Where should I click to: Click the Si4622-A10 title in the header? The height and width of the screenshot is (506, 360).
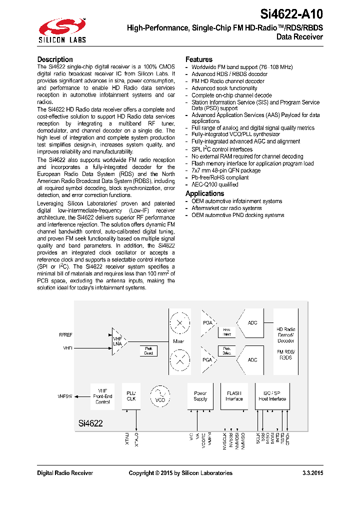click(292, 13)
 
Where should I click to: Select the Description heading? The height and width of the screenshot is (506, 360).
click(55, 59)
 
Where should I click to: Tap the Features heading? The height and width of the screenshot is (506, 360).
click(199, 59)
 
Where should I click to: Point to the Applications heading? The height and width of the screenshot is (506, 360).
click(205, 193)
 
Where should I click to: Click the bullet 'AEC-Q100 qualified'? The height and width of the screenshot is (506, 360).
click(214, 184)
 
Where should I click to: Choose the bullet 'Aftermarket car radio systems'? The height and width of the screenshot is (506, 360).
click(226, 208)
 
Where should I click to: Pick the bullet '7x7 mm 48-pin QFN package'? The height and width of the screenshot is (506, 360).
click(226, 170)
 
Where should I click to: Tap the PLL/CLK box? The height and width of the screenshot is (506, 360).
click(131, 396)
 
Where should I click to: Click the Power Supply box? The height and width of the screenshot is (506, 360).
click(200, 396)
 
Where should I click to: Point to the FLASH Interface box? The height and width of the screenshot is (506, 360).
click(234, 396)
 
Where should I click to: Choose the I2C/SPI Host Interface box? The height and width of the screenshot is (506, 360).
click(272, 396)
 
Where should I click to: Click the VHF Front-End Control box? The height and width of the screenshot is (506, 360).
click(102, 396)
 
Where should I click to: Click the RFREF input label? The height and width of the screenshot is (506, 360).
click(66, 334)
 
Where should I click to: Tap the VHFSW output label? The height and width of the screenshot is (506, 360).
click(65, 396)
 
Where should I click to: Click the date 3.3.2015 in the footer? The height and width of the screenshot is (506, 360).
click(312, 473)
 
